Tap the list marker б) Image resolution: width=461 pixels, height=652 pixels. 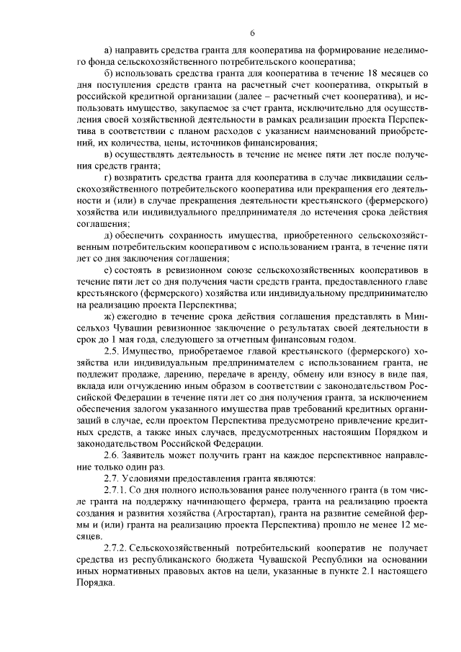109,73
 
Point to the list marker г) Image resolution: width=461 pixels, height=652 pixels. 108,177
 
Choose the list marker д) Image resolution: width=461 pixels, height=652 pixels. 109,236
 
